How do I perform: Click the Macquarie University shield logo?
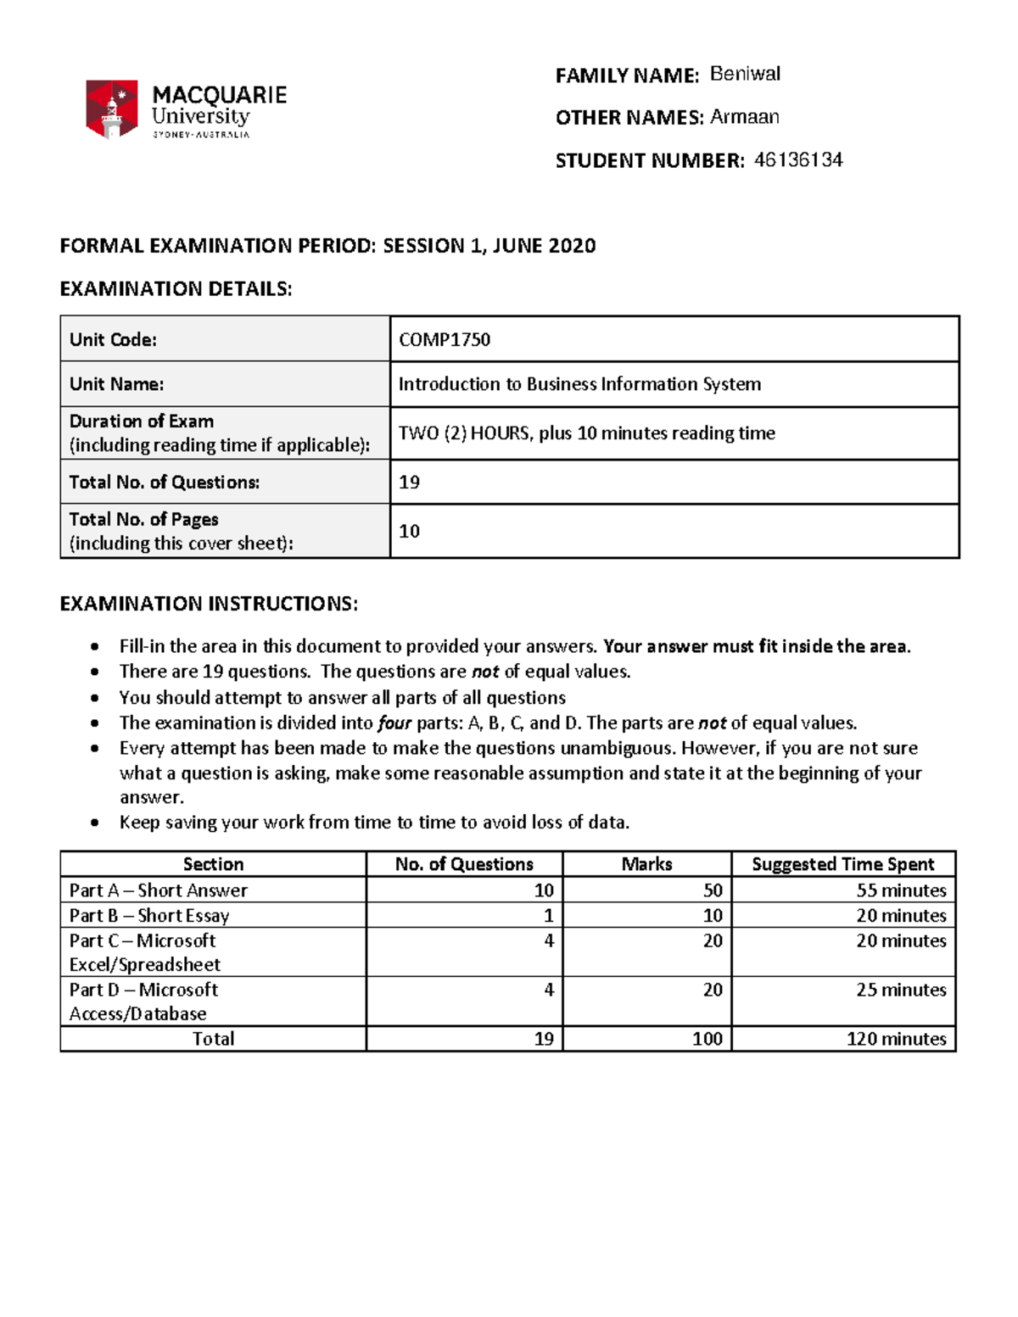(x=111, y=109)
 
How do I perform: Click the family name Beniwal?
(x=745, y=75)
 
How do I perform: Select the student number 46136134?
(x=797, y=159)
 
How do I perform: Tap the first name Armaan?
(x=744, y=117)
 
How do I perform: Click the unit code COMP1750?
(x=445, y=340)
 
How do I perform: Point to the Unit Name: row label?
(x=117, y=384)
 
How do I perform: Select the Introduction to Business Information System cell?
(x=579, y=384)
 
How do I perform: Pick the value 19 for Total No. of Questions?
(x=409, y=483)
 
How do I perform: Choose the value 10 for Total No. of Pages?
(x=409, y=532)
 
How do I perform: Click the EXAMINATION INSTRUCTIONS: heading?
(x=209, y=604)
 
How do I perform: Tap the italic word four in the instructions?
(x=394, y=723)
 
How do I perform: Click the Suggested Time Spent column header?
(x=842, y=864)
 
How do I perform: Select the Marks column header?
(x=646, y=864)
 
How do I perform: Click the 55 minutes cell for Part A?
(x=901, y=890)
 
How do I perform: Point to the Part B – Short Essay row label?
(x=149, y=916)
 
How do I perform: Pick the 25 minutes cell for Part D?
(x=901, y=990)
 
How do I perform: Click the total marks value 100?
(x=707, y=1039)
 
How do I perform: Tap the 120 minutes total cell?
(x=896, y=1039)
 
